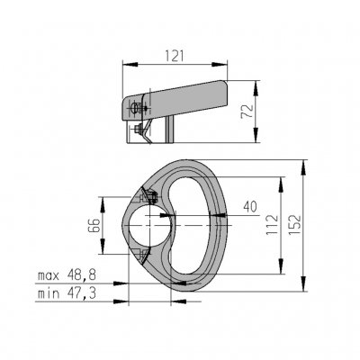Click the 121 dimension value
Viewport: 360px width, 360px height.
click(175, 56)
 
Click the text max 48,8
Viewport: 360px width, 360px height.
click(69, 274)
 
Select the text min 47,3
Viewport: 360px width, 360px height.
click(69, 293)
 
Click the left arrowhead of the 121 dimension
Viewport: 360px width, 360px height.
click(125, 64)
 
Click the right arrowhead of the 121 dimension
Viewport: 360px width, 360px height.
click(229, 64)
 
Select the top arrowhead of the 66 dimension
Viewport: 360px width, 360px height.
click(107, 200)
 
